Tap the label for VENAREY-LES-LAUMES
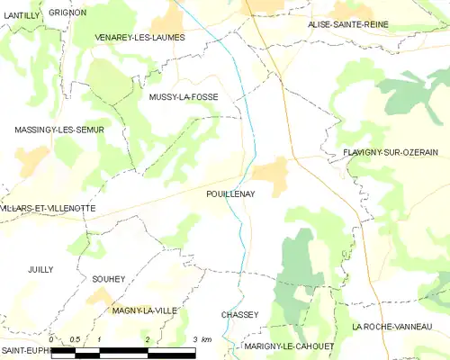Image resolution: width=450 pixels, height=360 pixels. [139, 38]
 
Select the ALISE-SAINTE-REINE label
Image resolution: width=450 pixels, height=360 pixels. [347, 24]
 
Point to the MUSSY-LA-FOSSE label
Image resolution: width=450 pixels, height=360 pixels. [184, 96]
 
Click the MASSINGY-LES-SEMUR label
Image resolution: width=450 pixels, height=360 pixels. [59, 130]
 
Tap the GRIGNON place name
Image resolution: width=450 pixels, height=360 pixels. [67, 13]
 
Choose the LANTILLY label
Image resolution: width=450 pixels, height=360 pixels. [21, 28]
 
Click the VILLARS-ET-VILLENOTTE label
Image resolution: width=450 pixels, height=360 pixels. [48, 208]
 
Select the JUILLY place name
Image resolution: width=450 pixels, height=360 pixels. [40, 269]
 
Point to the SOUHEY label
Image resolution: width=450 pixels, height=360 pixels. [108, 280]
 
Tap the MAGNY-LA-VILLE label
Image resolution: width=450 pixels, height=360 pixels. [144, 310]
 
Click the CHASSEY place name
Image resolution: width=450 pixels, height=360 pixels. [239, 314]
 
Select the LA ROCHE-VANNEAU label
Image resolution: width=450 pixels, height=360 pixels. [400, 326]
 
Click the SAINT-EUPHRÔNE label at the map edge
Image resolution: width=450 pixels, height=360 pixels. [23, 349]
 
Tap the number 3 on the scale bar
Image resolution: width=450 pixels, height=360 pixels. [195, 339]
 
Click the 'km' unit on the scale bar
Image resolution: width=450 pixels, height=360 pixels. [207, 339]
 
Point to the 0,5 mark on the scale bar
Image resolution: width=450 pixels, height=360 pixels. [75, 339]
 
